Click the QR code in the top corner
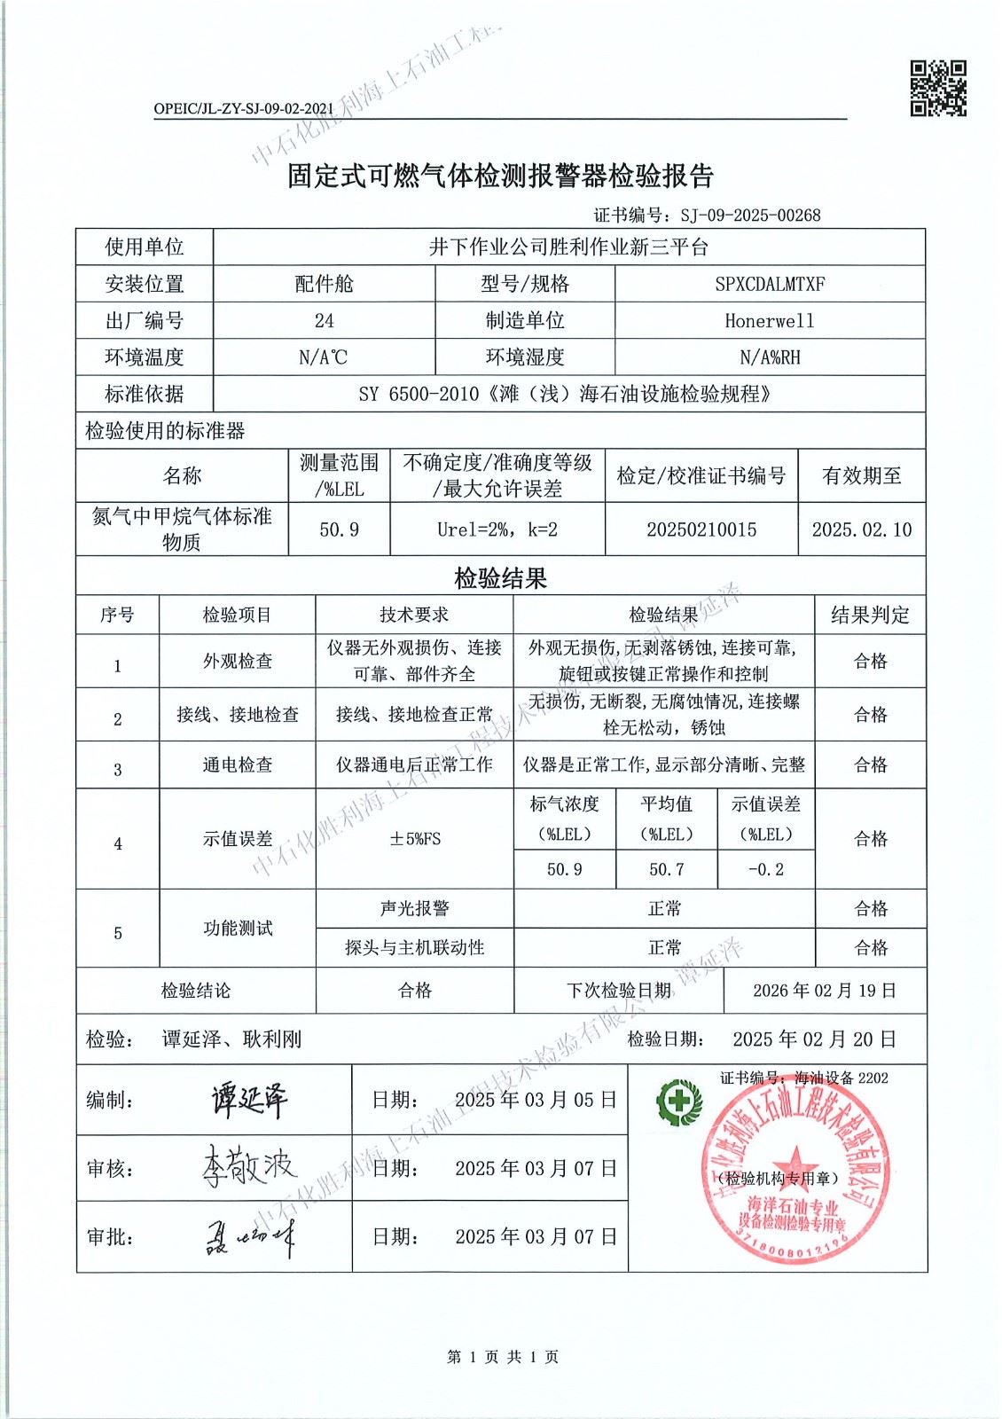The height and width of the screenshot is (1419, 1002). tap(938, 89)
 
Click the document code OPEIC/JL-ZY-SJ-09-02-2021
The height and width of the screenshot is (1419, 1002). tap(243, 109)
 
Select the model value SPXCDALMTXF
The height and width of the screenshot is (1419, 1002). tap(770, 284)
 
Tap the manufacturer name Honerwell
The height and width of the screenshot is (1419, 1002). tap(769, 321)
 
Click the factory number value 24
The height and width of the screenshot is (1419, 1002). tap(325, 321)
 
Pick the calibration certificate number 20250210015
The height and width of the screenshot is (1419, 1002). tap(701, 529)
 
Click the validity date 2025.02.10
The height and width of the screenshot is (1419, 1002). tap(861, 529)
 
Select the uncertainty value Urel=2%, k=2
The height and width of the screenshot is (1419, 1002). tap(497, 529)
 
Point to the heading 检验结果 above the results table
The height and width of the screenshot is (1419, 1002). tap(501, 579)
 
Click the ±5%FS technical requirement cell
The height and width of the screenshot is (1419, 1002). tap(414, 839)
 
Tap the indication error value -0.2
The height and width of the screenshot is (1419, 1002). tap(766, 870)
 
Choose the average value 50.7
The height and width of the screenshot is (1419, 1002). tap(666, 870)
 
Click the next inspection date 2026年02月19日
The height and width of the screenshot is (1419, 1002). tap(825, 991)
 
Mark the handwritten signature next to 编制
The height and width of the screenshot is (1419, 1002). tap(249, 1100)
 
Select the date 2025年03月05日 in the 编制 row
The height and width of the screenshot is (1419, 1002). tap(536, 1100)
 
